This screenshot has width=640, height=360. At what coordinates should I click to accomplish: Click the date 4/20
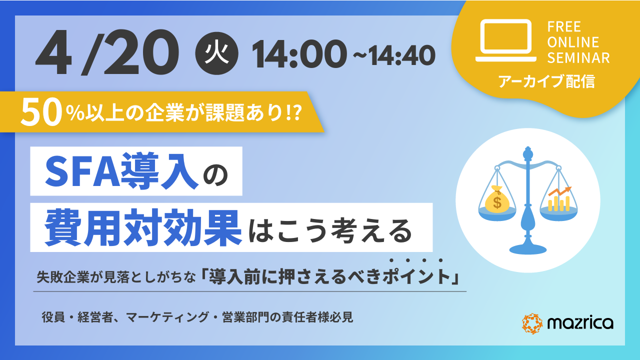click(x=107, y=53)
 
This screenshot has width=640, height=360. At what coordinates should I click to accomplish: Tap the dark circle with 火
click(x=216, y=53)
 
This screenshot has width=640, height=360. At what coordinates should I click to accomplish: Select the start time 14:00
click(x=299, y=54)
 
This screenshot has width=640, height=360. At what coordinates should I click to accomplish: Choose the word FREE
click(x=564, y=27)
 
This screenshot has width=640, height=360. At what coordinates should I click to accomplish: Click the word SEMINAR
click(x=578, y=58)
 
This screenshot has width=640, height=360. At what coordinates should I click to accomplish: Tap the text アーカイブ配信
click(x=546, y=81)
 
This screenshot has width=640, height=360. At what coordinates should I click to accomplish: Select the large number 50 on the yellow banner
click(x=41, y=112)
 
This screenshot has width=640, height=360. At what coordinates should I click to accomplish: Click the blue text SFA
click(x=82, y=171)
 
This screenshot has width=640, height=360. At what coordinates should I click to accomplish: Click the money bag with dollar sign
click(x=497, y=199)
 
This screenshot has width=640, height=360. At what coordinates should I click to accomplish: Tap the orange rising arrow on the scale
click(x=559, y=191)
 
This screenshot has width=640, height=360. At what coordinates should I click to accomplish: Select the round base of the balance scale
click(x=527, y=249)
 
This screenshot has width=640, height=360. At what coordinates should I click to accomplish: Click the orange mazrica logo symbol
click(x=532, y=323)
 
